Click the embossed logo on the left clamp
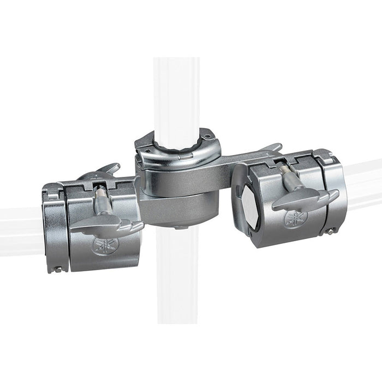pos(102,245)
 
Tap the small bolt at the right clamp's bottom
pos(330,231)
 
